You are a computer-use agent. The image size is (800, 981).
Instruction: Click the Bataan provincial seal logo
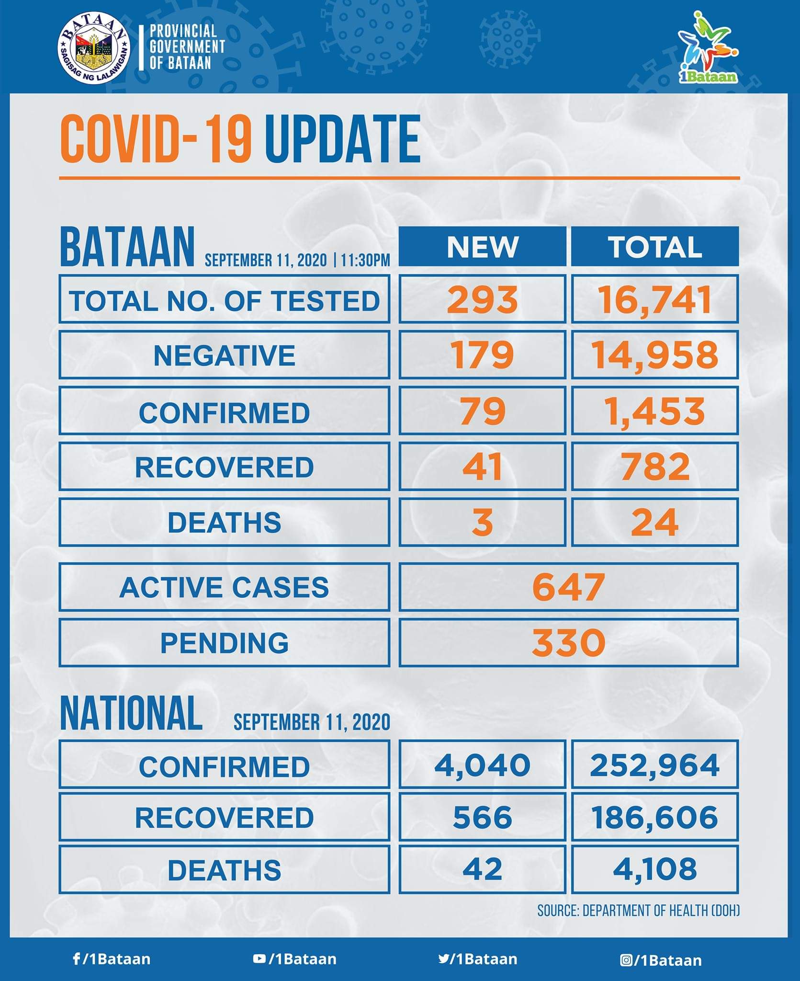tap(94, 50)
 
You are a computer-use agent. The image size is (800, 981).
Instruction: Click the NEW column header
tap(482, 247)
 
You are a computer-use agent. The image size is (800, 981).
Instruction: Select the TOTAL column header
tap(655, 247)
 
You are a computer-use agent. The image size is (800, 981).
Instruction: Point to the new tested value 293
tap(482, 300)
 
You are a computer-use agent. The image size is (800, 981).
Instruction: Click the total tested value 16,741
tap(655, 300)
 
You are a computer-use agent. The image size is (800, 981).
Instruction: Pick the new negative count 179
tap(482, 355)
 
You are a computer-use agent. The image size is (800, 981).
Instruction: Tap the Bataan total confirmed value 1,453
tap(655, 411)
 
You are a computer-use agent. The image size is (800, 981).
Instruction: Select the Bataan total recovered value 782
tap(655, 467)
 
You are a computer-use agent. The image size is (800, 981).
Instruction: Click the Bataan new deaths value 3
tap(482, 522)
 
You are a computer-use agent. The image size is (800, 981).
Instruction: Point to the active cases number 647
tap(568, 587)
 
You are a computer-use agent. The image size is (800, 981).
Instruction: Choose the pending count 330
tap(568, 642)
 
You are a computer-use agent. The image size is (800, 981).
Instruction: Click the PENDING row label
tap(224, 642)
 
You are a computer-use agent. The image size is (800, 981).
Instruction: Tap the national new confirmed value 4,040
tap(482, 764)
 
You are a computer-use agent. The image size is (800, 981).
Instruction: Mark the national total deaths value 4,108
tap(655, 869)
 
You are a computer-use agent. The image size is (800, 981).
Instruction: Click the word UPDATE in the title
tap(342, 139)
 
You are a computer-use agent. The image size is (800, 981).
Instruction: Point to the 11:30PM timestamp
tap(365, 261)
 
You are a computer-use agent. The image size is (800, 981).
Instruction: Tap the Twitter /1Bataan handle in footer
tap(478, 959)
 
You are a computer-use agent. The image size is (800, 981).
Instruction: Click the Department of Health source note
tap(638, 910)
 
